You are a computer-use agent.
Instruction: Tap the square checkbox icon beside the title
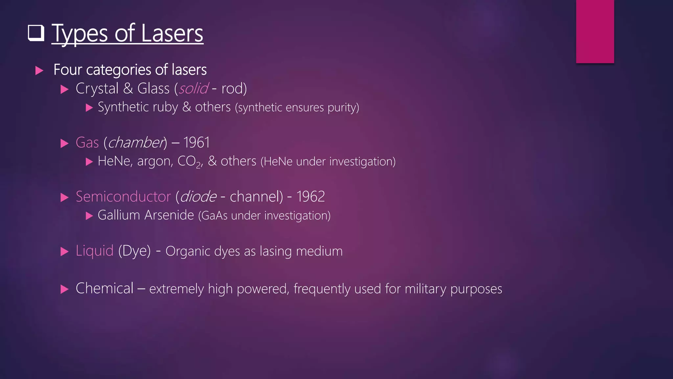[36, 33]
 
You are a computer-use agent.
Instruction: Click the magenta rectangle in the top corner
[595, 31]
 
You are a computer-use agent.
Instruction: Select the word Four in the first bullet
[67, 70]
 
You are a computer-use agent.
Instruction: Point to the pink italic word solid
[193, 88]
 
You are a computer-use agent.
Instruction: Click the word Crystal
[97, 88]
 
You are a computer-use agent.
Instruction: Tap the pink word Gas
[87, 143]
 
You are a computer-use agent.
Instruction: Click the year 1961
[196, 143]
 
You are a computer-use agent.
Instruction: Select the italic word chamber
[136, 143]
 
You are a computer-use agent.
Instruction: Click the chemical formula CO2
[189, 162]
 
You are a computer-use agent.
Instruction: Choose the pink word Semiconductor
[123, 197]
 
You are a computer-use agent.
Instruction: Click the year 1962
[311, 197]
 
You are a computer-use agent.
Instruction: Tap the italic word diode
[198, 197]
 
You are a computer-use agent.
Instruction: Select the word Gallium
[119, 215]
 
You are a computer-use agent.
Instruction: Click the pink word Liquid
[95, 251]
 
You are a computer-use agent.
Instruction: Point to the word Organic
[188, 251]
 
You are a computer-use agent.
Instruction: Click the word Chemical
[104, 288]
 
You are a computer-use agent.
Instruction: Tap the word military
[425, 289]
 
